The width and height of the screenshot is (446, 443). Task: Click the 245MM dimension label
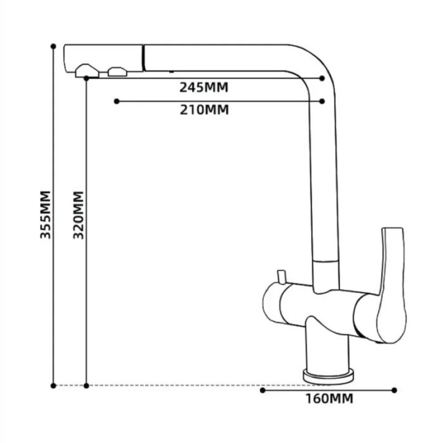[x=204, y=88]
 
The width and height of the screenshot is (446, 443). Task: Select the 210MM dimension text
[x=204, y=110]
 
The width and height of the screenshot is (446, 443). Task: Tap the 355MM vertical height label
[x=45, y=215]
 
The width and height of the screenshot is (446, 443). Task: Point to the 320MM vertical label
[x=78, y=215]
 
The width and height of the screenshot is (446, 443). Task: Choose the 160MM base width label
[x=330, y=398]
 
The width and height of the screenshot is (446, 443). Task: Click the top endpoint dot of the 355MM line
[x=53, y=46]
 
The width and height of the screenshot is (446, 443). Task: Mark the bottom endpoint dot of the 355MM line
[x=53, y=386]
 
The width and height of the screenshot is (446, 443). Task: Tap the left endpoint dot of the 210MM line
[x=116, y=101]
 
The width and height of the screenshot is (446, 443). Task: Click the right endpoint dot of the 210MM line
[x=322, y=101]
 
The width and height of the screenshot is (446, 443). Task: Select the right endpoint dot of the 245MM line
[x=322, y=78]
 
